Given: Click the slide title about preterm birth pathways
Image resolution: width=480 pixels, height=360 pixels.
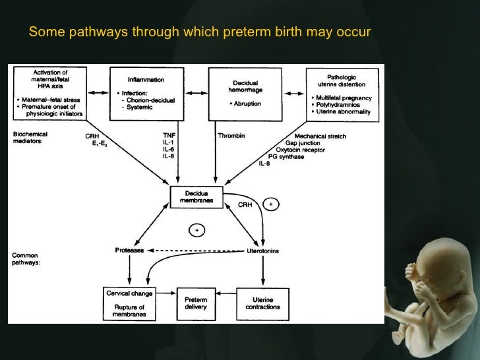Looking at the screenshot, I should pyautogui.click(x=200, y=32).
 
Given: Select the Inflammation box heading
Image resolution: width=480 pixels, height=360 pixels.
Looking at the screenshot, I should pyautogui.click(x=146, y=80).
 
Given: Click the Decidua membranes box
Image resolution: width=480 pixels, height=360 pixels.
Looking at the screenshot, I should pyautogui.click(x=196, y=196).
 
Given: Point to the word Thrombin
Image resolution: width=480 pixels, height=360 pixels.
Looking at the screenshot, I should pyautogui.click(x=231, y=136).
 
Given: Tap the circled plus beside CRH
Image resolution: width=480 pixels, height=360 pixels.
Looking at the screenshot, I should pyautogui.click(x=271, y=204).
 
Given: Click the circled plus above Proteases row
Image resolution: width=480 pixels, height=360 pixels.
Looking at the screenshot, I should pyautogui.click(x=196, y=230).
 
